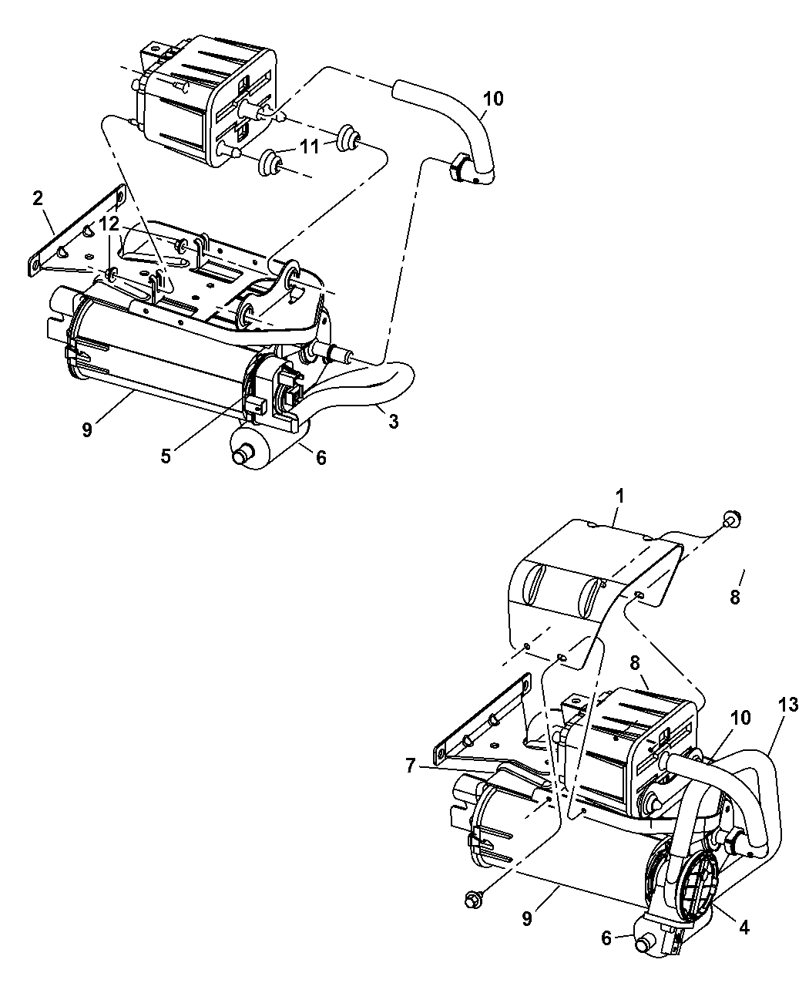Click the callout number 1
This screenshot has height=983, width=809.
point(619,496)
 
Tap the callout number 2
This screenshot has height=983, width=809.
point(38,198)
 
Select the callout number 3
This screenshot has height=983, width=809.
point(394,422)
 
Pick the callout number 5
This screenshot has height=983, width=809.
point(165,456)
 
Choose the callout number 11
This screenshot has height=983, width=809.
point(310,146)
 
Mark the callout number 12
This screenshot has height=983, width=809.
point(109,224)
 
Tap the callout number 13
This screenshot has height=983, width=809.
point(789,705)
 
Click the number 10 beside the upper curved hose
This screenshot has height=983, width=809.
point(493,99)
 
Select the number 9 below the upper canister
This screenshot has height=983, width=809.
point(87,430)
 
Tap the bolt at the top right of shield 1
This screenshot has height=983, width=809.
point(731,519)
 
